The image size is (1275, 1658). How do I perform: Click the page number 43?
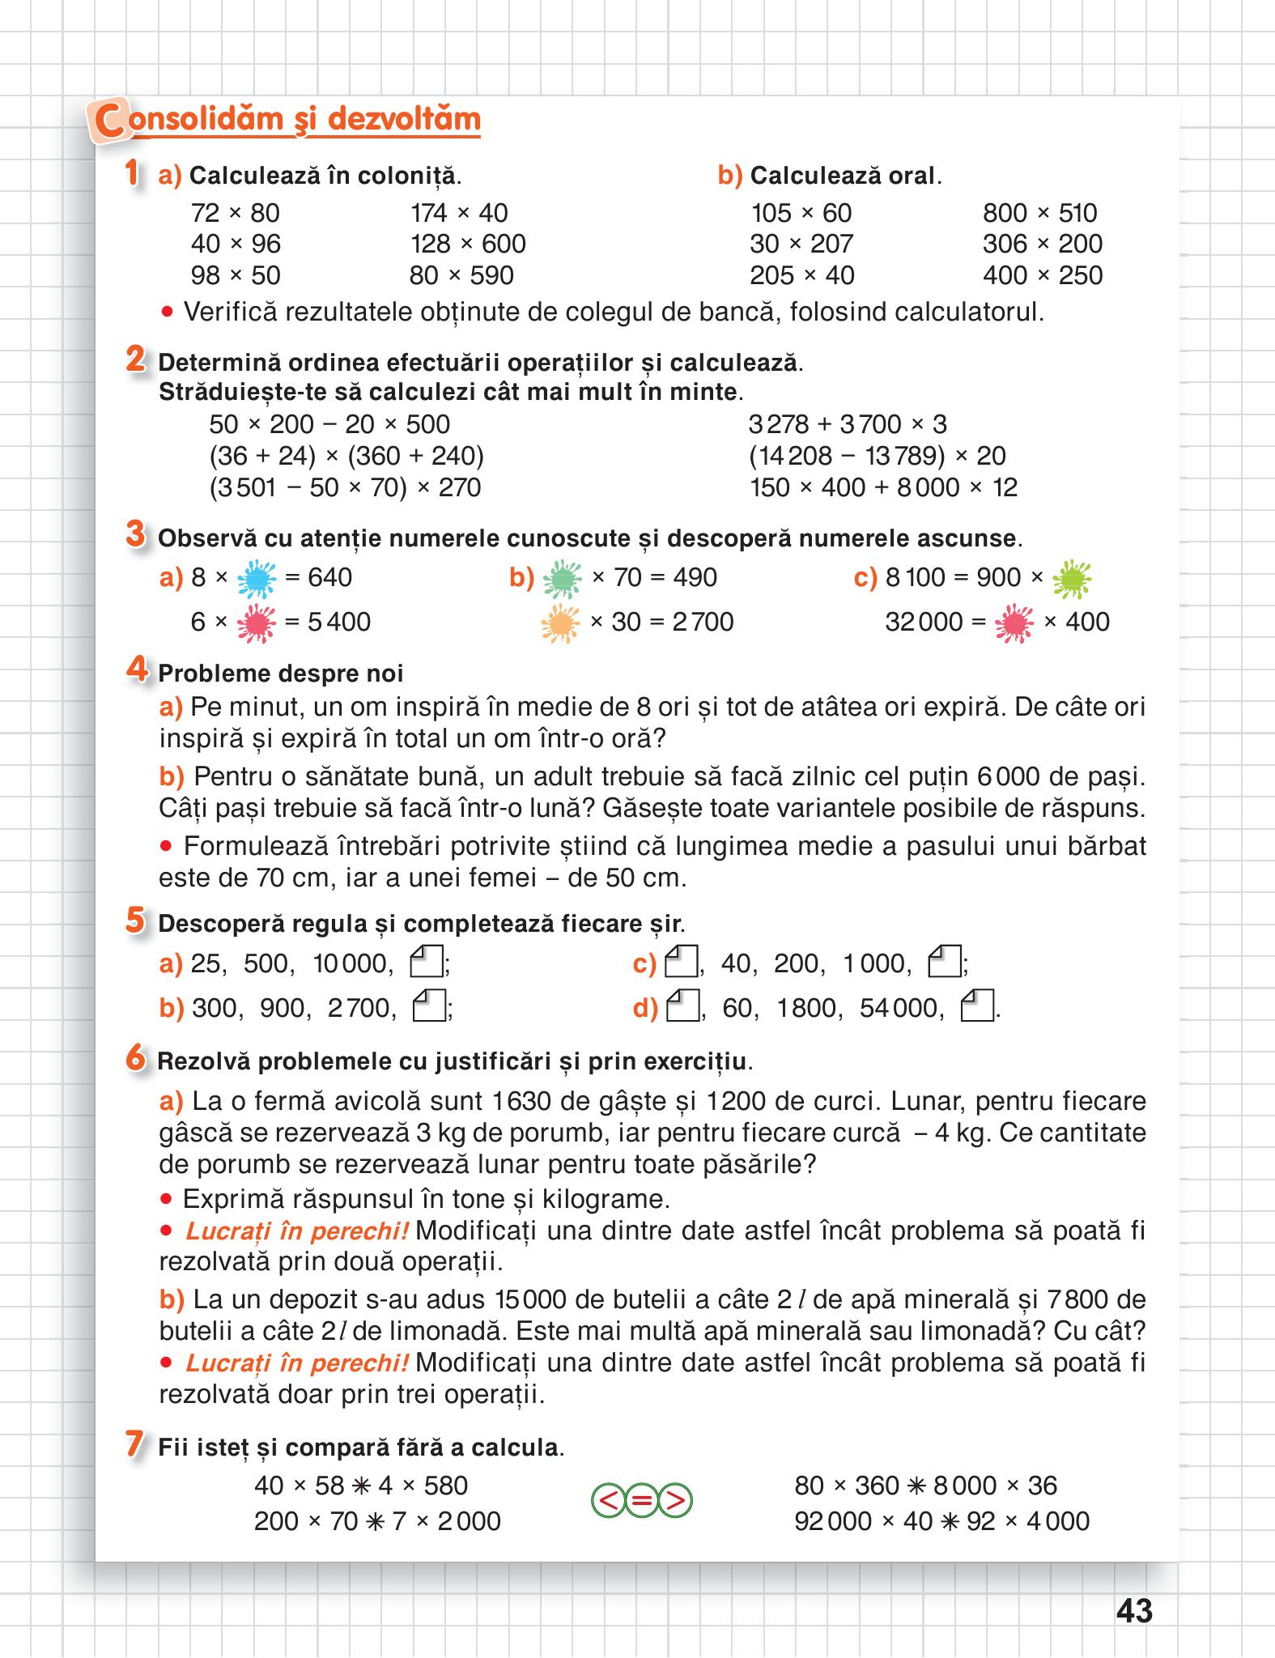[x=1133, y=1610]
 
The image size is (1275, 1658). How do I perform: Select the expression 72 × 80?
[x=235, y=213]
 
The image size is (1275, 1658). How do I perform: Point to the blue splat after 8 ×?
[x=257, y=578]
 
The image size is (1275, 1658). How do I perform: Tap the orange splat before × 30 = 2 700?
[x=560, y=623]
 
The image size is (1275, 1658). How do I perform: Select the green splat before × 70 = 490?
[x=562, y=578]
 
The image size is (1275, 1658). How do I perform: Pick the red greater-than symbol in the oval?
[x=677, y=1502]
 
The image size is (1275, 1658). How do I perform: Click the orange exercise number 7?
[x=135, y=1445]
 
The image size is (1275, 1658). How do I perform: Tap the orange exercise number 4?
[x=136, y=670]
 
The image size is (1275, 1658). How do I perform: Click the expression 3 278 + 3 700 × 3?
[x=848, y=424]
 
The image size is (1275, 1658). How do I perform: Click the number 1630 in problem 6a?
[x=518, y=1101]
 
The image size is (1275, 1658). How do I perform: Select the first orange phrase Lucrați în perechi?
[x=297, y=1231]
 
